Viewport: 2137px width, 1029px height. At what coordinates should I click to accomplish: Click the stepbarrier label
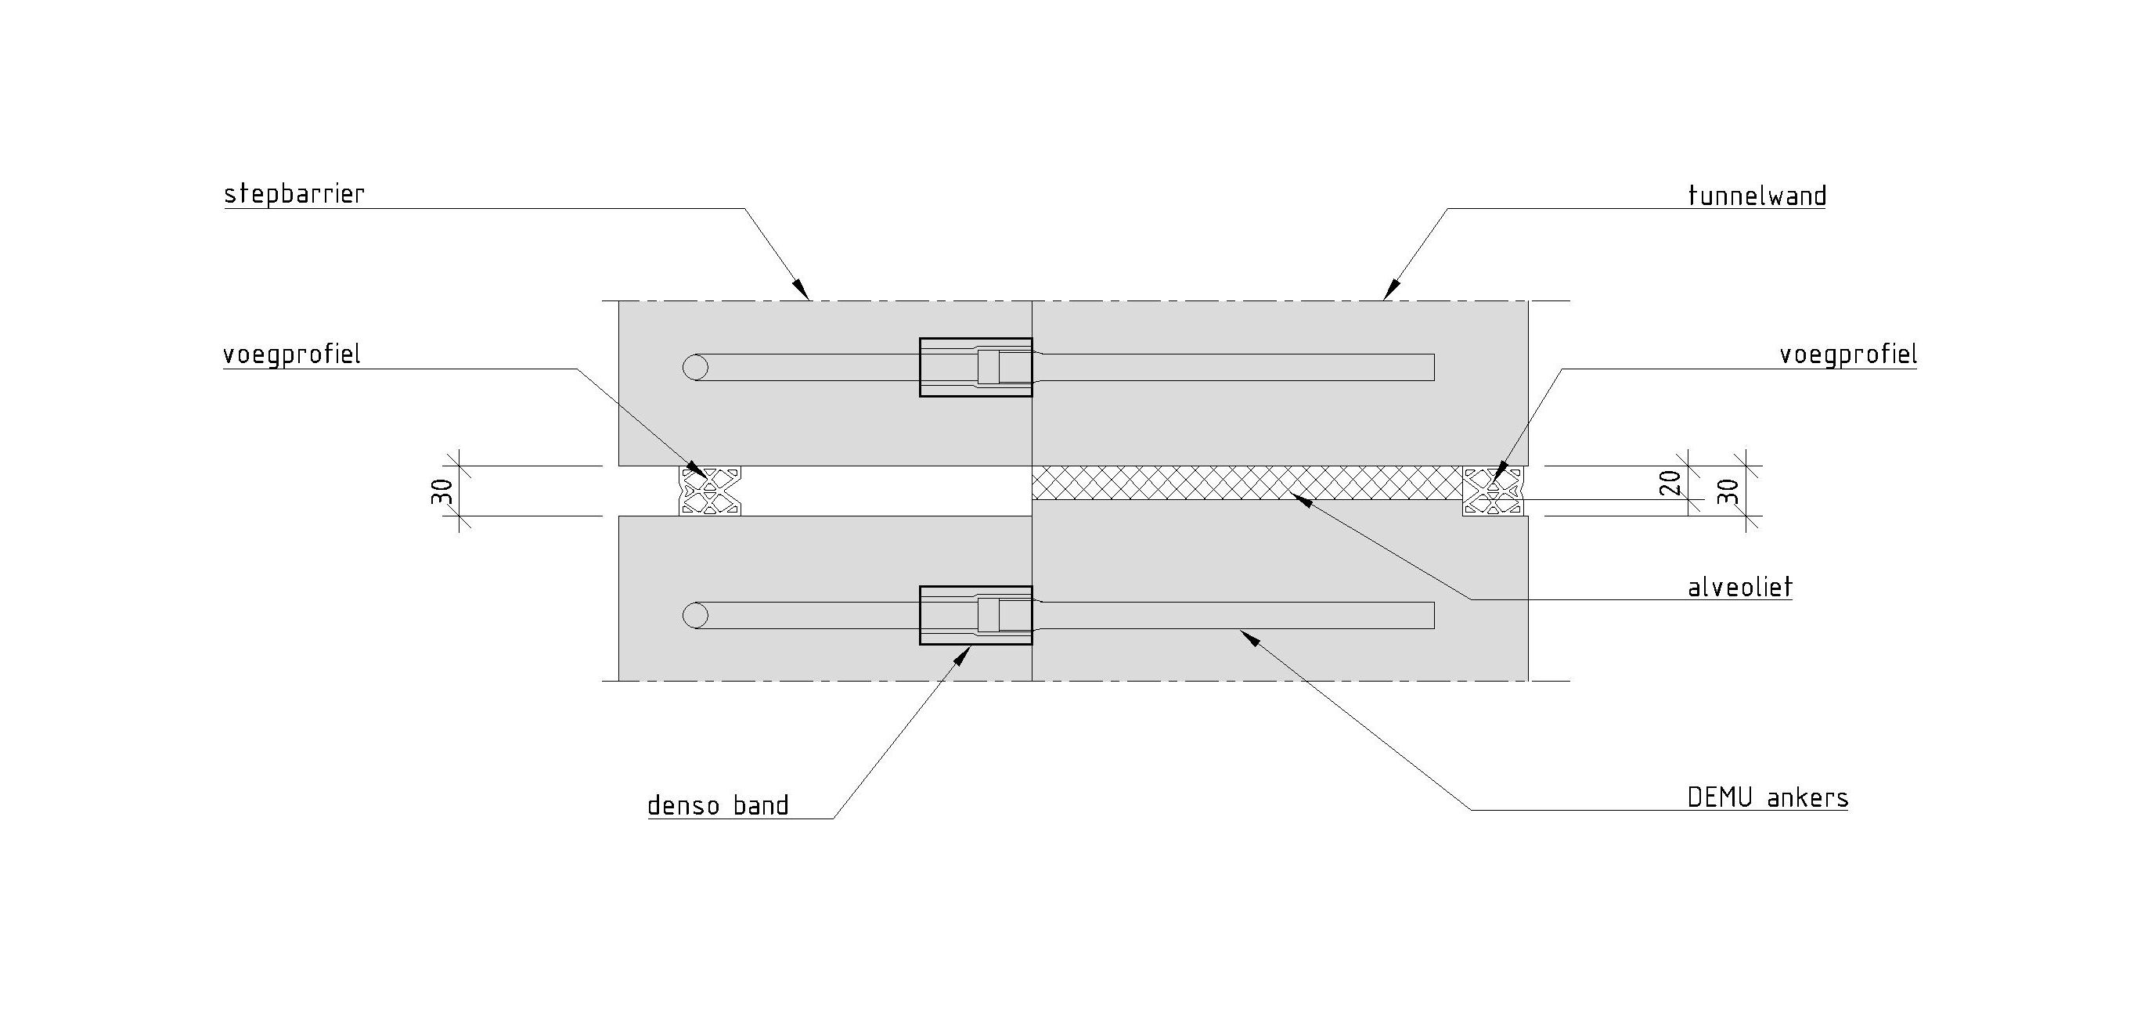click(x=294, y=195)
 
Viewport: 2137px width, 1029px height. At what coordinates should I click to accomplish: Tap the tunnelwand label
click(x=1757, y=196)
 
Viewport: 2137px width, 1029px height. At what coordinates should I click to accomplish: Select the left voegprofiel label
click(x=292, y=355)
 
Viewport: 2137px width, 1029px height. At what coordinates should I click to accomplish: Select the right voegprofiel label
click(x=1847, y=355)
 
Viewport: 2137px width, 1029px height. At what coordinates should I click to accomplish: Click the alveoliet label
click(x=1740, y=588)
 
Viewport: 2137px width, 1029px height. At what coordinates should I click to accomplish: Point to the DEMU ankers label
click(x=1768, y=797)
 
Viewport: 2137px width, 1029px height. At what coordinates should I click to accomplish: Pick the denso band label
click(x=718, y=805)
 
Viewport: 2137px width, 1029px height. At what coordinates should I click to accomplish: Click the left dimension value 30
click(x=442, y=491)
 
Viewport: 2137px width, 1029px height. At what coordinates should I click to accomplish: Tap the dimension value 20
click(x=1670, y=483)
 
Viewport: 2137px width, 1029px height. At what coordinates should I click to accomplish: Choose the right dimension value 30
click(x=1727, y=491)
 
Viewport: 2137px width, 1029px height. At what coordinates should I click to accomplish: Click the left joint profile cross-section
click(x=710, y=491)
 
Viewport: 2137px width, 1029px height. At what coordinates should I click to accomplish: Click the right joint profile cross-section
click(x=1494, y=491)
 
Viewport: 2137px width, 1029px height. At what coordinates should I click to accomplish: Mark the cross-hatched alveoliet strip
click(x=1245, y=483)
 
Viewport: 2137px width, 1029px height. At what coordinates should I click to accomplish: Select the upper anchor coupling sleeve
click(x=975, y=367)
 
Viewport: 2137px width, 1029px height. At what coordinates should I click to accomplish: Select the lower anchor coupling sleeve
click(x=975, y=615)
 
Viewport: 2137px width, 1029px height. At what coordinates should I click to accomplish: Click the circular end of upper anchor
click(x=695, y=367)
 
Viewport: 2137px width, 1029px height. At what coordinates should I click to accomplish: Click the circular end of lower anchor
click(x=695, y=615)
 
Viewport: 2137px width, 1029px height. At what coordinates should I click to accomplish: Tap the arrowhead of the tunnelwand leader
click(x=1389, y=290)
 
